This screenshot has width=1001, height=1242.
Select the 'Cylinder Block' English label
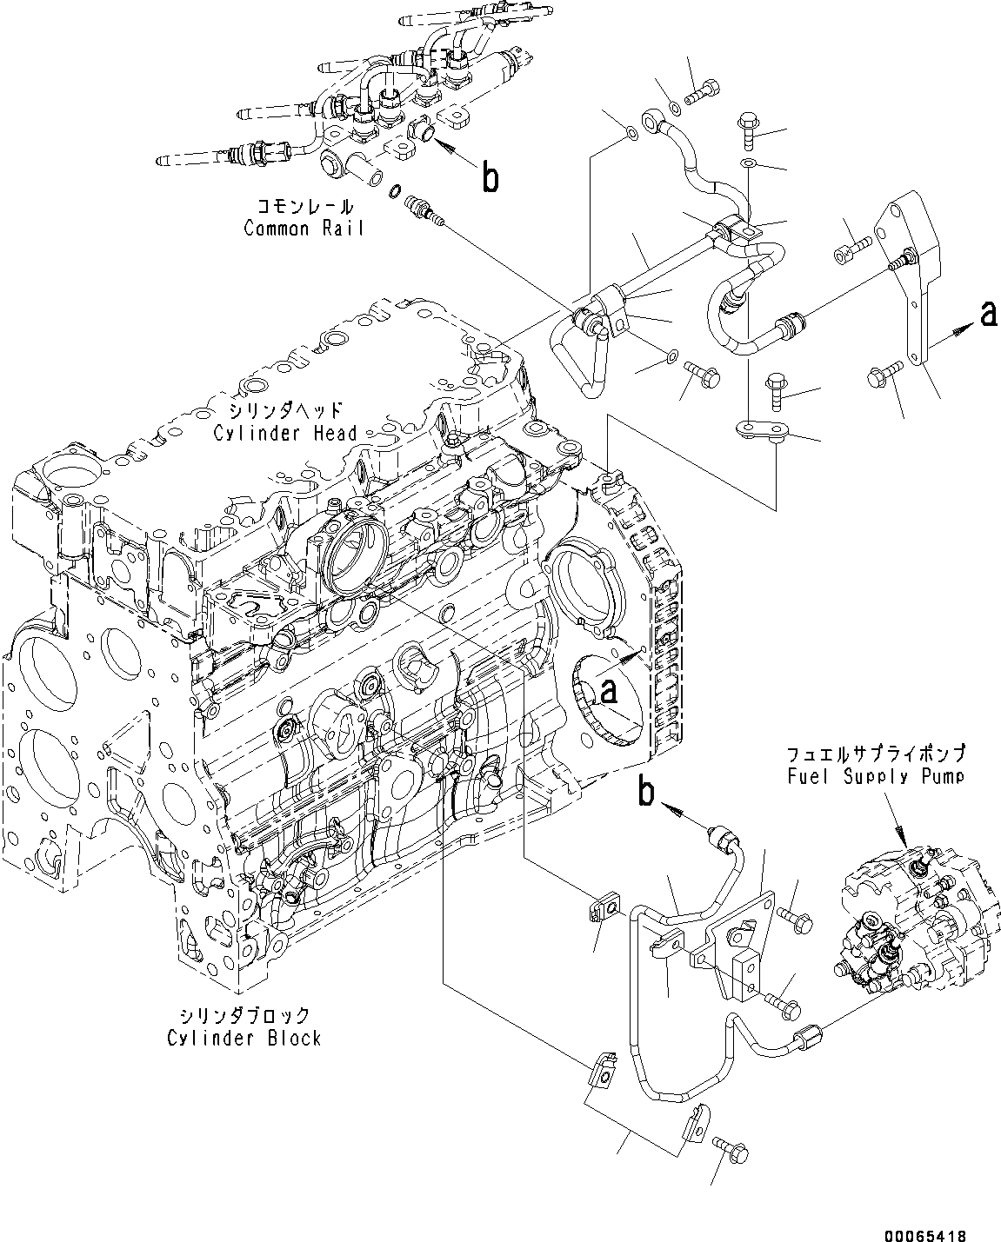coord(245,1038)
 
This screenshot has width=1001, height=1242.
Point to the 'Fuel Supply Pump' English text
coord(876,776)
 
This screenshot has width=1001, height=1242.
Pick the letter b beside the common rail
coord(490,178)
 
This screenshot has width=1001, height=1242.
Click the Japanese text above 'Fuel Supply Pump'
coord(876,754)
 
